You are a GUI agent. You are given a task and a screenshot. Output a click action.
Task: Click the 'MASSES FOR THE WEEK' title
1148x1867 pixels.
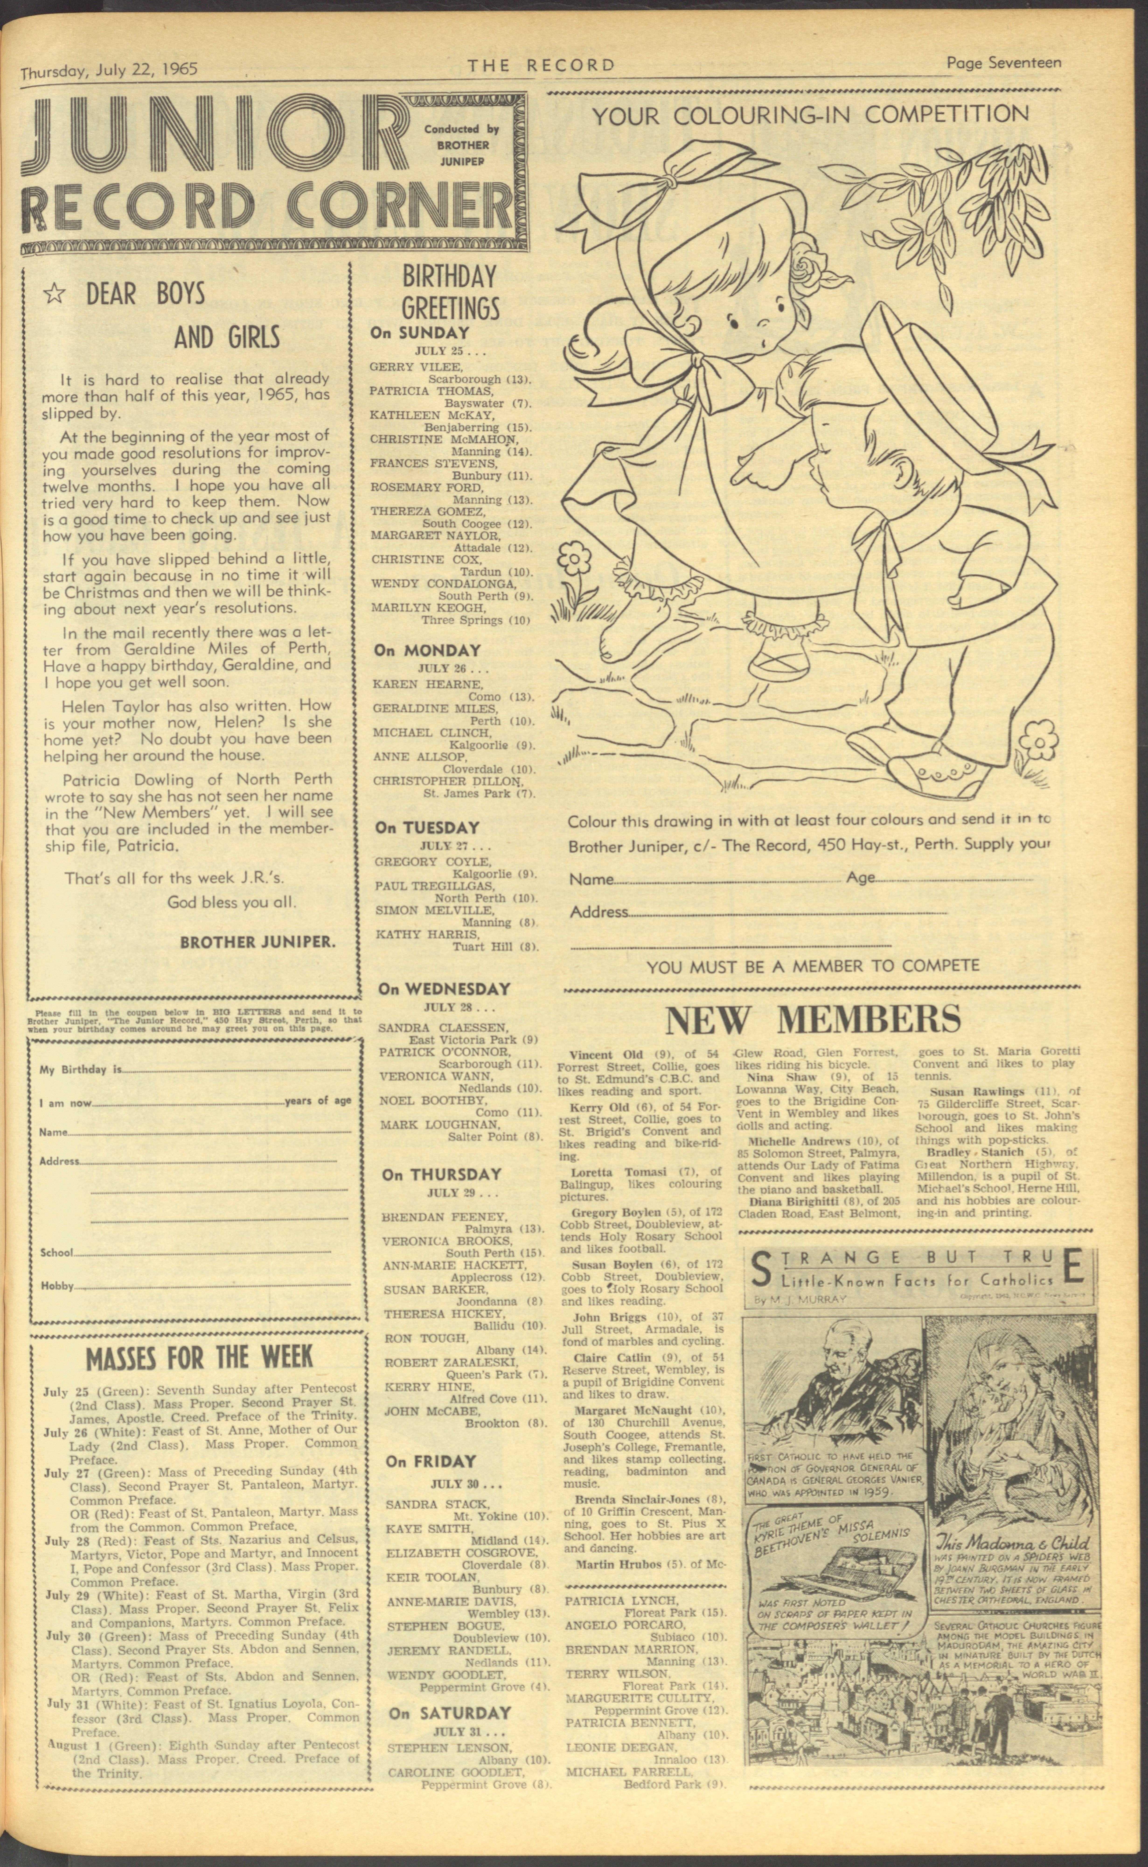coord(199,1357)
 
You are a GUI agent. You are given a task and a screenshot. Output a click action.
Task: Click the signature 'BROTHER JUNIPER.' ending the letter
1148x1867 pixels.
coord(257,942)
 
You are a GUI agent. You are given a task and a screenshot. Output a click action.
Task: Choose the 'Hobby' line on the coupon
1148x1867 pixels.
coord(57,1286)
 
